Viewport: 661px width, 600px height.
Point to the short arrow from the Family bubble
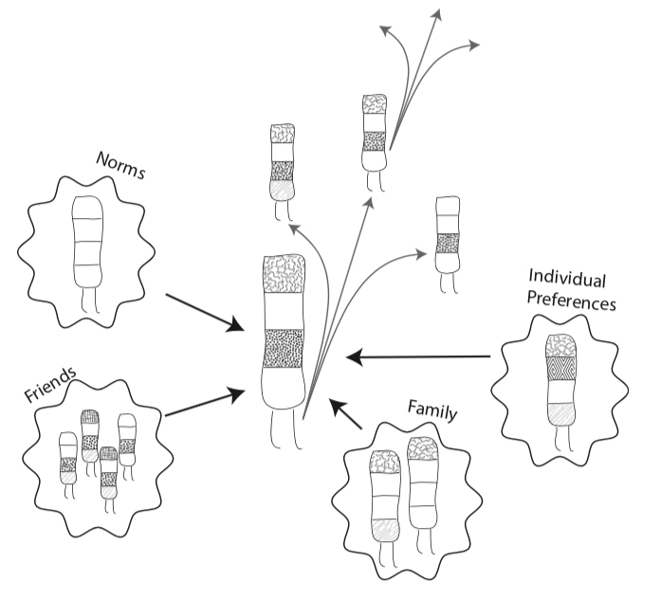346,416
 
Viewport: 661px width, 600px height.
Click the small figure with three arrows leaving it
374,137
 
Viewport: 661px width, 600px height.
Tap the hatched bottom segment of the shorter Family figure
385,530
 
